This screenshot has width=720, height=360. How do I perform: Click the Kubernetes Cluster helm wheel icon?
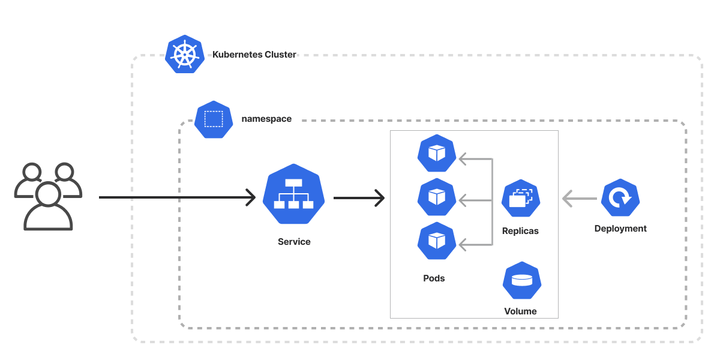pyautogui.click(x=185, y=55)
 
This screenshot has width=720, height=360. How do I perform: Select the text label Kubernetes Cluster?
pyautogui.click(x=254, y=55)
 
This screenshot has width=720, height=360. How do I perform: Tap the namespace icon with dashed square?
pyautogui.click(x=213, y=119)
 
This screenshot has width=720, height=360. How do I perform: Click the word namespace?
pyautogui.click(x=266, y=119)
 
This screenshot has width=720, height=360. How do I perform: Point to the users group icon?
pyautogui.click(x=47, y=196)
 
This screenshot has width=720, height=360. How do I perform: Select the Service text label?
pyautogui.click(x=294, y=242)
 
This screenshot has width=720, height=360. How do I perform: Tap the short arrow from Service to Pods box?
pyautogui.click(x=358, y=197)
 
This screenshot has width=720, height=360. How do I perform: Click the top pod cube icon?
pyautogui.click(x=436, y=154)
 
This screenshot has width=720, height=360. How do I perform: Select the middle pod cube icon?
pyautogui.click(x=436, y=197)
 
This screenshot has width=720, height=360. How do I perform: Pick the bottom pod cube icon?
pyautogui.click(x=436, y=241)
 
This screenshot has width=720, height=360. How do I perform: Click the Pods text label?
pyautogui.click(x=434, y=278)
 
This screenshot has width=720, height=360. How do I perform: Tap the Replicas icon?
pyautogui.click(x=521, y=198)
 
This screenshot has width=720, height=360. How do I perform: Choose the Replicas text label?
pyautogui.click(x=520, y=231)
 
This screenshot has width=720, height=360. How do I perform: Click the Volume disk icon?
pyautogui.click(x=522, y=281)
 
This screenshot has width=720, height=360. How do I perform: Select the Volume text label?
pyautogui.click(x=520, y=311)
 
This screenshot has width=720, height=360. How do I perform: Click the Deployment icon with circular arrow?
pyautogui.click(x=620, y=197)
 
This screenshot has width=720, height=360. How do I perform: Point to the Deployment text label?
pyautogui.click(x=620, y=229)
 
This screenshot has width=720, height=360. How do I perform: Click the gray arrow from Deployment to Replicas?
pyautogui.click(x=579, y=198)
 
